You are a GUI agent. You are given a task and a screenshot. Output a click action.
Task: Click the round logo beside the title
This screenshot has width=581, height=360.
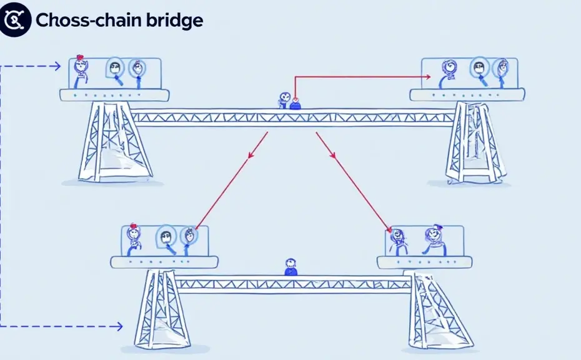[15, 21]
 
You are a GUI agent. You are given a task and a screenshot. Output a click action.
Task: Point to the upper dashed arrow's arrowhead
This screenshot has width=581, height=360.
[57, 66]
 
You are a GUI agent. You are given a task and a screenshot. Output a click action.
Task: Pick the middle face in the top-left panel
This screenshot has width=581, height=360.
[116, 68]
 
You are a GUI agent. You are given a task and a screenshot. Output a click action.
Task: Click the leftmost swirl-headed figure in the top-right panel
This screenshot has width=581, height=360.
[449, 70]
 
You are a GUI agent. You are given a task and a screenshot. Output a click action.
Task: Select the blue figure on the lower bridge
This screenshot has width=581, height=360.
[289, 267]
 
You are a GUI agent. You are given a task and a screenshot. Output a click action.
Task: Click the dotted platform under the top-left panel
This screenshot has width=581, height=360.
[114, 95]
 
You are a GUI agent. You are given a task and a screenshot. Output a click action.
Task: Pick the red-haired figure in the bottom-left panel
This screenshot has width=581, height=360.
[133, 236]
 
